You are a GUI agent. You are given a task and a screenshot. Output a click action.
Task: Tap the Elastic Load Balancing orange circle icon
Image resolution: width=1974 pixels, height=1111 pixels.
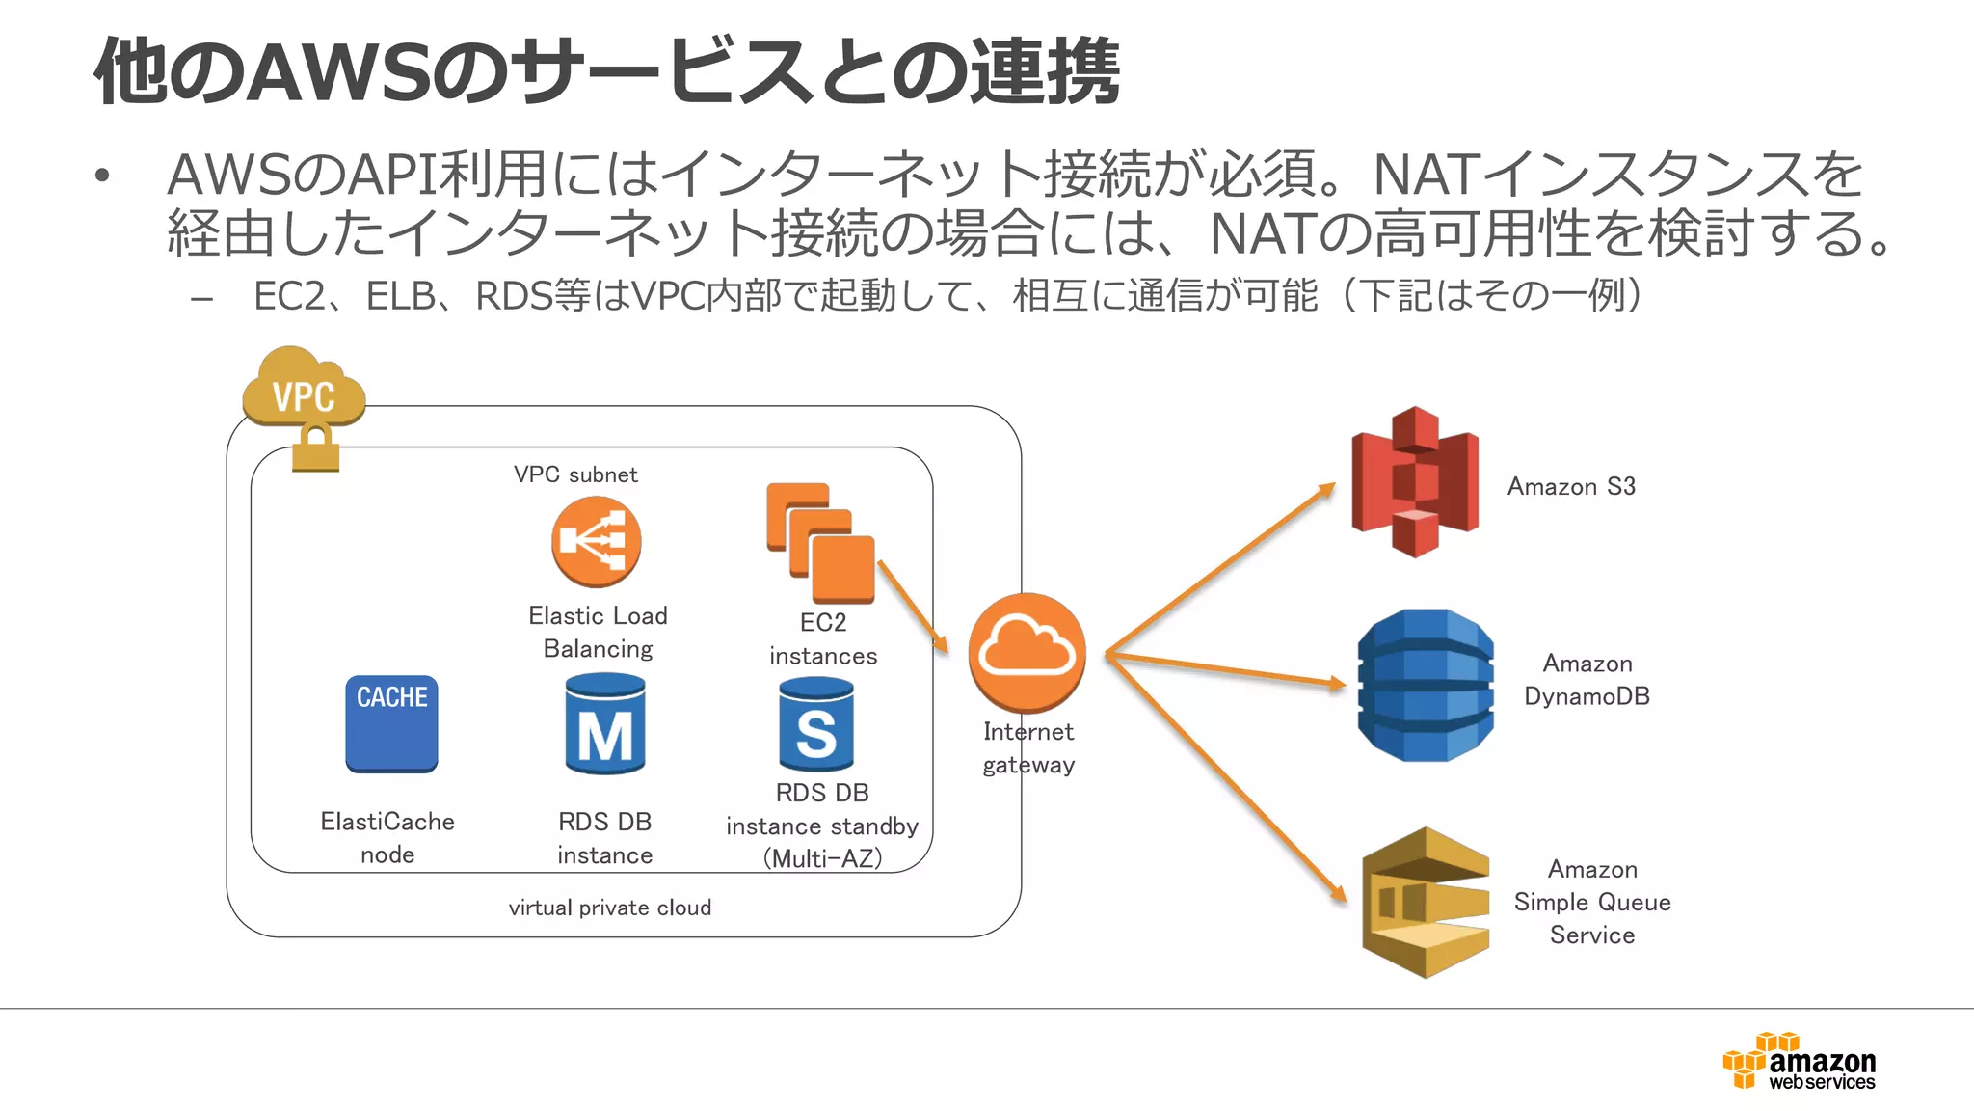point(596,542)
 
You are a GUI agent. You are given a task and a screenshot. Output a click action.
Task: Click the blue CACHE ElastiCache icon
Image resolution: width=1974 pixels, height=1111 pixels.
point(391,723)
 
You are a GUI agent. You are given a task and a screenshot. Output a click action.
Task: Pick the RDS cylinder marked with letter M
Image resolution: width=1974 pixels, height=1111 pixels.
point(605,725)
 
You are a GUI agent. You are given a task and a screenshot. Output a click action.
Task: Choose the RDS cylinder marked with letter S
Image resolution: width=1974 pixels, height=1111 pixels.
point(816,725)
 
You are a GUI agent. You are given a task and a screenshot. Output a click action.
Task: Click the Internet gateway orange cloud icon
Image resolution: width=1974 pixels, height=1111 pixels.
point(1027,653)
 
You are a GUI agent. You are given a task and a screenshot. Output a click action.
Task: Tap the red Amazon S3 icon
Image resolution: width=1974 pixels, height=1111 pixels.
point(1415,482)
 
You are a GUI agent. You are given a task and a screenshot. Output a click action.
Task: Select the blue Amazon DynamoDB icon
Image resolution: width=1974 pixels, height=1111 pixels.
point(1425,686)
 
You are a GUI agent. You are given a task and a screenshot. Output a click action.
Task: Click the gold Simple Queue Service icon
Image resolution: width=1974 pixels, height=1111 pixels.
point(1426,903)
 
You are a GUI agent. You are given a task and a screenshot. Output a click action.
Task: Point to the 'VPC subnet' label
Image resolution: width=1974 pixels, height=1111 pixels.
point(575,474)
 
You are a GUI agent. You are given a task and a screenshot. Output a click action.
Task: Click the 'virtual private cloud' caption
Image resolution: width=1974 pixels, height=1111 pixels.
point(610,908)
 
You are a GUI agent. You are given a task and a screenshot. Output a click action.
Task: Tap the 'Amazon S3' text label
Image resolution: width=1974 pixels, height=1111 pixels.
point(1571,486)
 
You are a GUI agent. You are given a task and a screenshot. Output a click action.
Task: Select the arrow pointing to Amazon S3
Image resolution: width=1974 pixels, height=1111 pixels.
point(1220,569)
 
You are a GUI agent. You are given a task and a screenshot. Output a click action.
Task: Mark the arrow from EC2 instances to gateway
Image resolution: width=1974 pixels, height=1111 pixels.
point(912,606)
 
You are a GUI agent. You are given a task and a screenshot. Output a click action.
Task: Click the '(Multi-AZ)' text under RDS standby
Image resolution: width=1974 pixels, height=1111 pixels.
point(822,858)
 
